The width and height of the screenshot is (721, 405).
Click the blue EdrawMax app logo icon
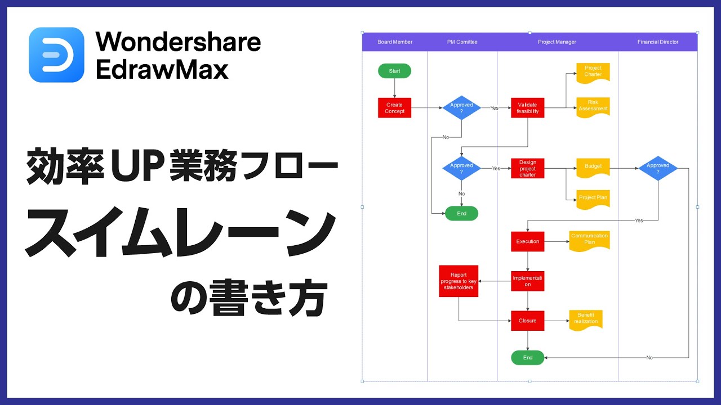56,55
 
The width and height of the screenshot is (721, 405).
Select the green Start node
394,71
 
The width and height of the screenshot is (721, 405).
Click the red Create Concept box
394,108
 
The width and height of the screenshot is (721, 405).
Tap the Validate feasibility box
528,108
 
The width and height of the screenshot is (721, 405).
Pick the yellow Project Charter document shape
593,71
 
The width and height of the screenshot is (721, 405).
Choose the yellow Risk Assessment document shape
593,106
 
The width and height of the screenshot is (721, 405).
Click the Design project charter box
528,168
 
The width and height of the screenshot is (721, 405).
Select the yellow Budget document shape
593,167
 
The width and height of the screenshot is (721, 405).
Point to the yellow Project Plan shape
593,198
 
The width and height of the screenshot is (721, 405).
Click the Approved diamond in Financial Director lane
657,168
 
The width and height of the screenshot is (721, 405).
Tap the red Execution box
528,241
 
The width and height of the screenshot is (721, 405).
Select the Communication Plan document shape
589,240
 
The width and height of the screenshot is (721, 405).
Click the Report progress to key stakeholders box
459,281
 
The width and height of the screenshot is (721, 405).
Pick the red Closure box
528,321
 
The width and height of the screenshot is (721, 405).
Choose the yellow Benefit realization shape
586,319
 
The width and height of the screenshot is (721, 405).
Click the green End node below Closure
528,358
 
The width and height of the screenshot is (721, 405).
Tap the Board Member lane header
395,42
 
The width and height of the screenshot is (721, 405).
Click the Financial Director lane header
657,42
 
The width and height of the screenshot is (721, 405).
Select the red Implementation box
528,281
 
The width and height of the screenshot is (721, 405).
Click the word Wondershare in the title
178,42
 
